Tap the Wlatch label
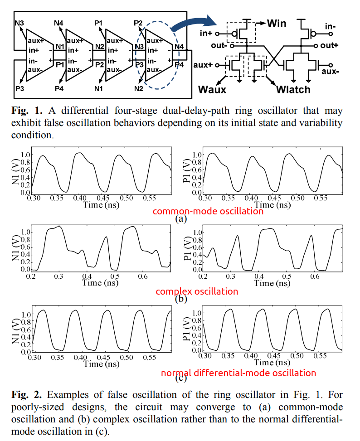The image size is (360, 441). point(293,89)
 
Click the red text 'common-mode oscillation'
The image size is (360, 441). point(208,211)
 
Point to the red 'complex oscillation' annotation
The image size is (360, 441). point(197,291)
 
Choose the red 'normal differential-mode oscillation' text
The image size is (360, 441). point(238,373)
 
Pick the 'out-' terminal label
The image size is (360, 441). point(219,46)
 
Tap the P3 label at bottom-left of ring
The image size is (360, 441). point(19,88)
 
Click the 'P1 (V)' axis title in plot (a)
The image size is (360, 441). point(186,173)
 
